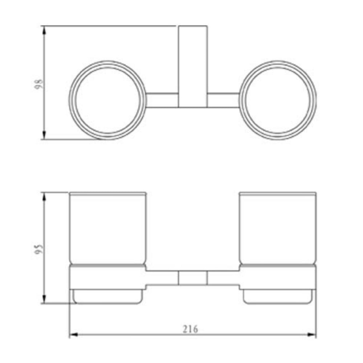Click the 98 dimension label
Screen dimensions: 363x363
click(x=40, y=85)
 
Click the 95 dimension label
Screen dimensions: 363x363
click(x=40, y=250)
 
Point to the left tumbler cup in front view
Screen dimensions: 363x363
click(x=107, y=229)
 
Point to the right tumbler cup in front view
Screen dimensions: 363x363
click(x=277, y=229)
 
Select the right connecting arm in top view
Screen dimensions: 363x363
click(x=223, y=100)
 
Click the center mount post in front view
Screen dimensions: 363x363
click(x=192, y=278)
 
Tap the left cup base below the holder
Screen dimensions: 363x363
click(x=107, y=297)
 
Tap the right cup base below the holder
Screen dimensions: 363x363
click(x=277, y=297)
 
